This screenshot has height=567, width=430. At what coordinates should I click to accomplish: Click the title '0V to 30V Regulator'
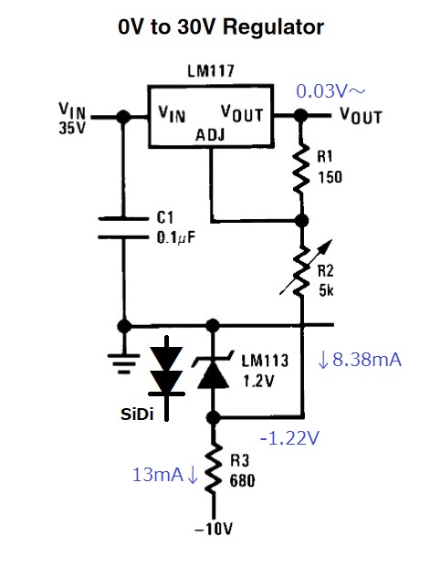221,26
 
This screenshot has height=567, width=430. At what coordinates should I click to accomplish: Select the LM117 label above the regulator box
211,70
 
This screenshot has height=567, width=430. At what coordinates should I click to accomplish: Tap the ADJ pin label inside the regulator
210,135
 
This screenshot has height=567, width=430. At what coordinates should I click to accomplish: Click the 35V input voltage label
72,127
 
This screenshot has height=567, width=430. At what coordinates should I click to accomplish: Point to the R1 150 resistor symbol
301,169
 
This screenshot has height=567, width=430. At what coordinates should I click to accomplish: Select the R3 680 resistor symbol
214,468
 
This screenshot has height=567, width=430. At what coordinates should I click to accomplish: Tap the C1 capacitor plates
123,228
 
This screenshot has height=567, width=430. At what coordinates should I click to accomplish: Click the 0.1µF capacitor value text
176,237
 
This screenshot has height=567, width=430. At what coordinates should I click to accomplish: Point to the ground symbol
123,362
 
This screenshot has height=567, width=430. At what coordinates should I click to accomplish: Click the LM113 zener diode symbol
214,373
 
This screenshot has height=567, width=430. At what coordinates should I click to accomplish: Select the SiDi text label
138,415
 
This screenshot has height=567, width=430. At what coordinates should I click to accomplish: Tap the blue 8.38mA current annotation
360,360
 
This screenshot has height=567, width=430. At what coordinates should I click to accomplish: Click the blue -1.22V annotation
289,438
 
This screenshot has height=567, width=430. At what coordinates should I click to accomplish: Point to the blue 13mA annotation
165,475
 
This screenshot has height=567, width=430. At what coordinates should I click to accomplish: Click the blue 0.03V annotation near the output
330,90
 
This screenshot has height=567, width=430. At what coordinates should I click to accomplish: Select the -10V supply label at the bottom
214,530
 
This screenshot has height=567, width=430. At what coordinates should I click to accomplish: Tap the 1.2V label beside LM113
258,381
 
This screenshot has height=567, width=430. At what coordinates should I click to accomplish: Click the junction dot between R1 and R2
301,220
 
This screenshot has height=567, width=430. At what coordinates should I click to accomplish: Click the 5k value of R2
326,290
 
